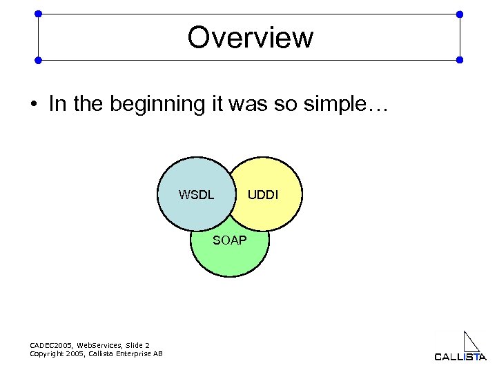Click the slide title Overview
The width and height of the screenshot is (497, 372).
[250, 37]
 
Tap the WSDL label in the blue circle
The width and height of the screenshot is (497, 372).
[196, 195]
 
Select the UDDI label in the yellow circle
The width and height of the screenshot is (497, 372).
[263, 195]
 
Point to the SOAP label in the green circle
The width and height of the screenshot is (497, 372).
[230, 240]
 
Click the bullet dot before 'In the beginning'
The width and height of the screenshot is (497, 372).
[33, 105]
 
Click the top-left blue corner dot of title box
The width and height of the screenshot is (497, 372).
[38, 14]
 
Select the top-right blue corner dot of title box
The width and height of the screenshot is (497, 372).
[460, 14]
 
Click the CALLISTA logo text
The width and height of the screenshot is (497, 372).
[460, 356]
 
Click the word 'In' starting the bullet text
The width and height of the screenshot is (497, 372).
[55, 104]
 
